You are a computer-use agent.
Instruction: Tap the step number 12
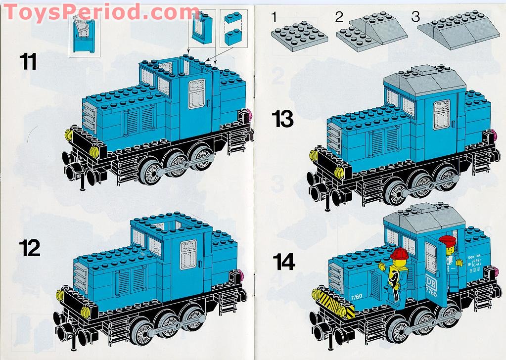click(30, 248)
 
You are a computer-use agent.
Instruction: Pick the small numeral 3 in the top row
click(415, 16)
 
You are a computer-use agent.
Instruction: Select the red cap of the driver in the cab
click(450, 241)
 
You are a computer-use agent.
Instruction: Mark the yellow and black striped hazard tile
click(336, 302)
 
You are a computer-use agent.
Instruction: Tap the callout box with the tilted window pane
click(83, 34)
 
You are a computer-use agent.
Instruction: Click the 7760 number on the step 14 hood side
click(356, 297)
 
